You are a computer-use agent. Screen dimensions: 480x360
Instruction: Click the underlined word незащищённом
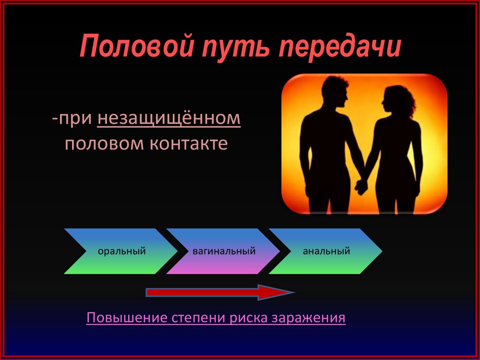click(x=169, y=119)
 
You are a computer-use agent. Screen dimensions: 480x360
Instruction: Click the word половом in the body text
click(x=104, y=144)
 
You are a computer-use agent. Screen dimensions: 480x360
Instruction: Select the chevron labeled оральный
click(x=121, y=251)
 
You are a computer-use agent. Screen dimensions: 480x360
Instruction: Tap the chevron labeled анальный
click(x=326, y=251)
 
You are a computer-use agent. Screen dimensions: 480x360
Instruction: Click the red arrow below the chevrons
click(x=220, y=293)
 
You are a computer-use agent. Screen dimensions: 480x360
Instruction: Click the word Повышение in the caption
click(x=127, y=318)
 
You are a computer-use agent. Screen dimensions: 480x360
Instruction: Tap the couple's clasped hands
click(x=361, y=186)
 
